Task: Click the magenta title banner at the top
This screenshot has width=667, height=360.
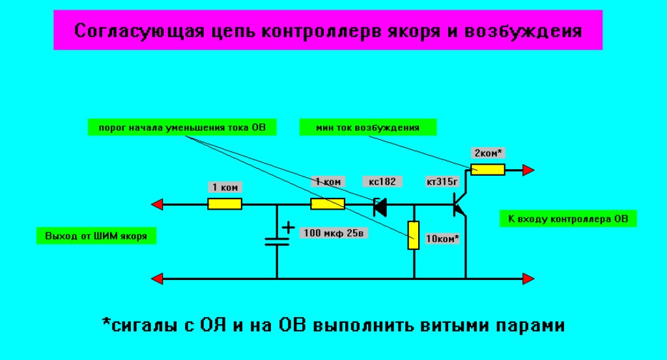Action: (x=328, y=30)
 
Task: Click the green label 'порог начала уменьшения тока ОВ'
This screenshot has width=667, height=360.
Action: (x=182, y=128)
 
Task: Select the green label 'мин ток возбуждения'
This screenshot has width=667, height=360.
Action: (x=367, y=128)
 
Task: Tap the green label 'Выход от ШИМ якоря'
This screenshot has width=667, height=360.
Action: (x=96, y=235)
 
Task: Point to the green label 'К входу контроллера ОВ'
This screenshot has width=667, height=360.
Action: (x=567, y=219)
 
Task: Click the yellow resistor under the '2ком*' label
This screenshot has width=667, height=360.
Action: (x=488, y=170)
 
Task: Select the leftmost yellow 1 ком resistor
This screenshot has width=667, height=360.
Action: (x=225, y=204)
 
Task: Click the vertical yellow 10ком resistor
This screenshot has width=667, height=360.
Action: (x=414, y=235)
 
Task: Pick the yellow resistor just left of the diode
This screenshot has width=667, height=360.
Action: (x=328, y=204)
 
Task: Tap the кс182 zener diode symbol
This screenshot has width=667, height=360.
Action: (x=379, y=206)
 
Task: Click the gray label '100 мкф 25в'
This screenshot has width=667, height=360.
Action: (x=331, y=232)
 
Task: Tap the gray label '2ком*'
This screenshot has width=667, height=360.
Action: (x=488, y=153)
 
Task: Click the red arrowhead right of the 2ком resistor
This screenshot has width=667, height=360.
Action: (x=528, y=170)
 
